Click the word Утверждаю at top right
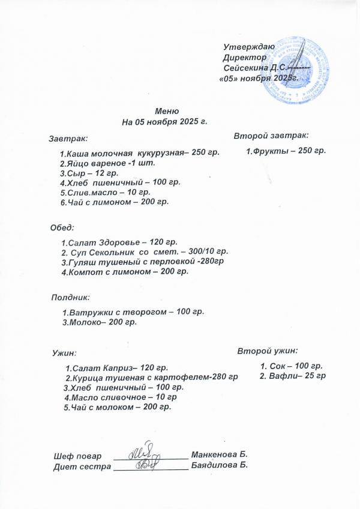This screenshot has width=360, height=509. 248,47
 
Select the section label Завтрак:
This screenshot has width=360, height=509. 68,138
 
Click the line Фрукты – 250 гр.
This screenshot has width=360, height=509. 286,151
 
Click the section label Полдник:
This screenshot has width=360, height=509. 70,297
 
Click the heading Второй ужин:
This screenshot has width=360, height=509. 268,350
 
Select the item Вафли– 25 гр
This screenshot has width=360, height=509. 292,376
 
